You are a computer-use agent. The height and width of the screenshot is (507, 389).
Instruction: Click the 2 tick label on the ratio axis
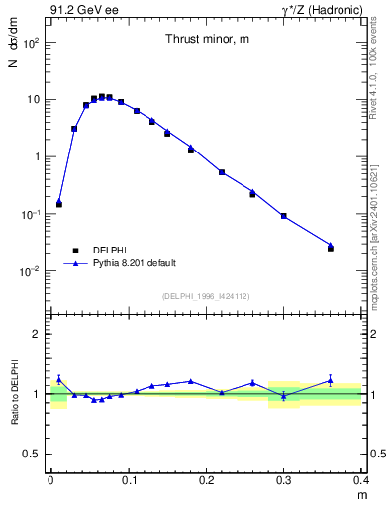(x=39, y=334)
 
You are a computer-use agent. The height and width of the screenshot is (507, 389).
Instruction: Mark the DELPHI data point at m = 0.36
(x=331, y=248)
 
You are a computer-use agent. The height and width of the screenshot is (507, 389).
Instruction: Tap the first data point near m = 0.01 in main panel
(x=59, y=204)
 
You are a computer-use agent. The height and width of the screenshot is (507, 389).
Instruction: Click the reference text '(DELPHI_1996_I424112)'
(x=206, y=296)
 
